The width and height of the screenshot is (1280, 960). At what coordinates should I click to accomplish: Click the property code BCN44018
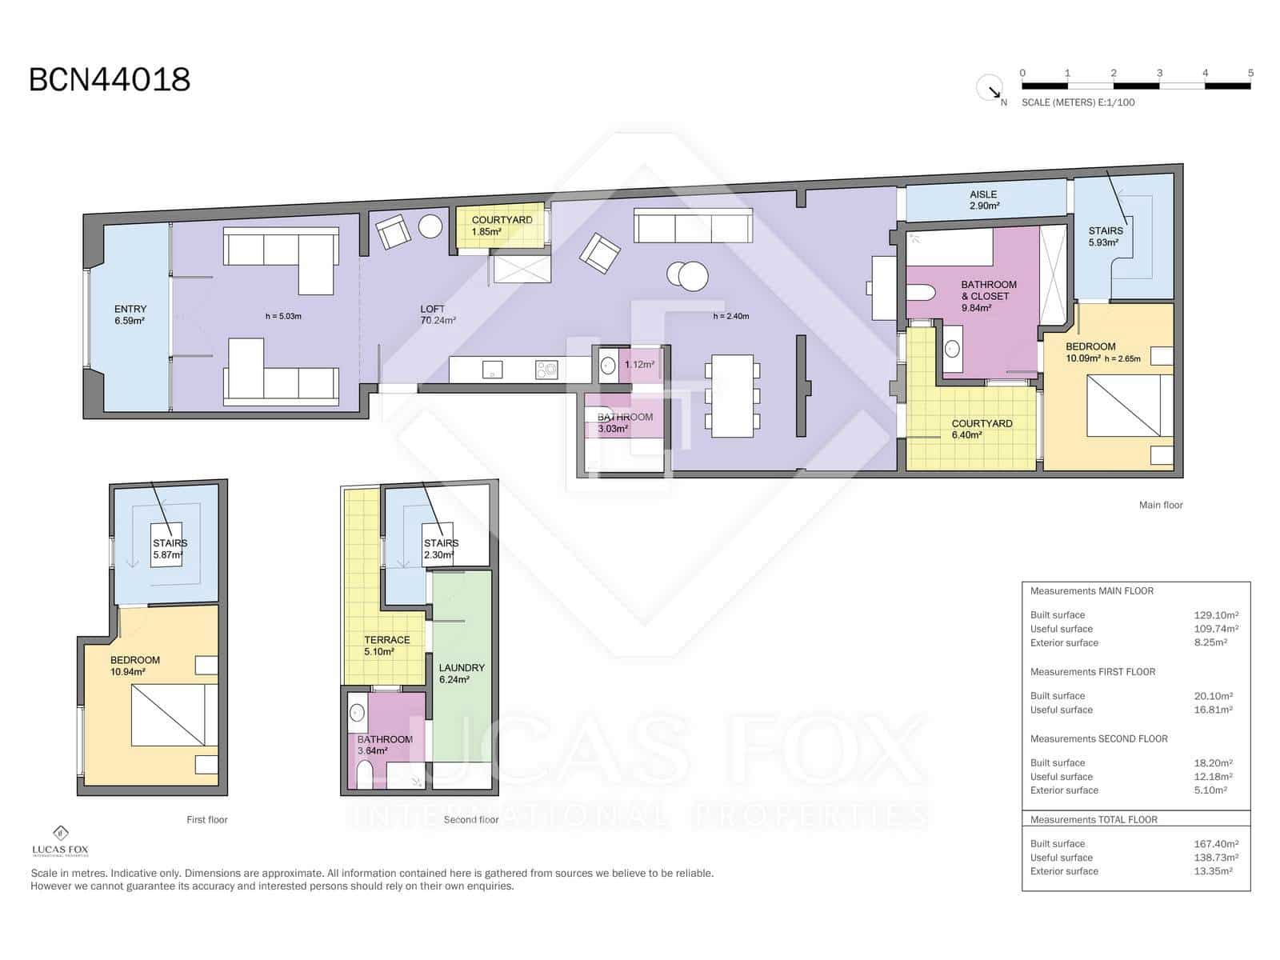click(110, 80)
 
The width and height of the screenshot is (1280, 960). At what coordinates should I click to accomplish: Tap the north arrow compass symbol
click(990, 88)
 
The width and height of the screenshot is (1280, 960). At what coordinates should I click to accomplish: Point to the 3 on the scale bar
click(1159, 73)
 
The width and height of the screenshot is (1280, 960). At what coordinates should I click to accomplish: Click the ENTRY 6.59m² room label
click(130, 315)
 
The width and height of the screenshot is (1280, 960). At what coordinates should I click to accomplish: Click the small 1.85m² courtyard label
click(501, 226)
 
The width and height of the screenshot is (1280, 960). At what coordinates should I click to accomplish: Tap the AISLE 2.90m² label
click(983, 200)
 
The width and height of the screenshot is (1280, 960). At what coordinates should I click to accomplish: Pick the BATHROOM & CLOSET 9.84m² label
click(989, 296)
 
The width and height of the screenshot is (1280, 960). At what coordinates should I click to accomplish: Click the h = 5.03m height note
click(283, 316)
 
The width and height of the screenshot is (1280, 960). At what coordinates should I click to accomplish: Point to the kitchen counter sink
click(492, 369)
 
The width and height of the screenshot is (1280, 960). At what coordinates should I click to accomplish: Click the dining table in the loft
click(732, 396)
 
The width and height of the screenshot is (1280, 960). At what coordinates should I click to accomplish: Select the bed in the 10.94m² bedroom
click(174, 714)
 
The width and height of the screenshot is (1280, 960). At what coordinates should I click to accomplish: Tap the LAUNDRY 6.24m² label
click(462, 674)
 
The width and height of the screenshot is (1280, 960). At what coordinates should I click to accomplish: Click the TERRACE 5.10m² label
click(386, 646)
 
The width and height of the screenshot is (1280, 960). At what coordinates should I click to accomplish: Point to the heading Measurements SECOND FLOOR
click(1098, 738)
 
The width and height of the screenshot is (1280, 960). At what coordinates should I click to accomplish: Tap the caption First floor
click(207, 819)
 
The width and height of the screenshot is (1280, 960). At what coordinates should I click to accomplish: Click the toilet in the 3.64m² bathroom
click(364, 774)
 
